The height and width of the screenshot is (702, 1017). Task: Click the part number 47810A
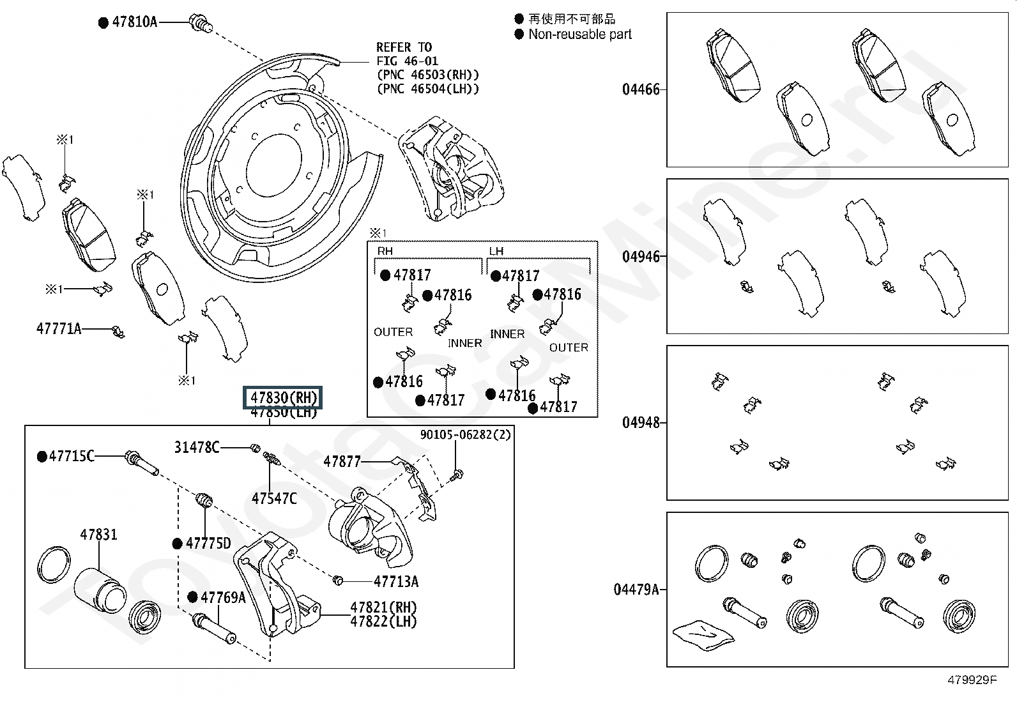pos(134,22)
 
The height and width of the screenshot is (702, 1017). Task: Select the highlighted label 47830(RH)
pos(283,398)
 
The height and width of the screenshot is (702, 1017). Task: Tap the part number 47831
pos(98,535)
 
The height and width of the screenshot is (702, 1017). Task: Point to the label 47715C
pos(72,456)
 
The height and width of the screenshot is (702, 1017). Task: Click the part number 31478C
pos(197,447)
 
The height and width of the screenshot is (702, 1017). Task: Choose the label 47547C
pos(274,499)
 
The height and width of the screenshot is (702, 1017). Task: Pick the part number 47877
pos(342,462)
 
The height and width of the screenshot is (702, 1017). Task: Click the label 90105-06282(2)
pos(465,434)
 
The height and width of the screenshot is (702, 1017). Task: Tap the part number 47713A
pos(396,581)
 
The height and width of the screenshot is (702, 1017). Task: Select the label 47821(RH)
pos(383,607)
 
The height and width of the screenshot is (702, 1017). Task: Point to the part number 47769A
pos(223,597)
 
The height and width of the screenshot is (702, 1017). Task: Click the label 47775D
pos(208,543)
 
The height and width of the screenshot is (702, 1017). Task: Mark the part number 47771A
pos(59,328)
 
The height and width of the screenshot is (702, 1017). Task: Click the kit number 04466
pos(641,89)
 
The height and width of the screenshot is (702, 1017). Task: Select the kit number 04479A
pos(636,590)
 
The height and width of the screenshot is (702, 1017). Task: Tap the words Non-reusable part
pos(580,34)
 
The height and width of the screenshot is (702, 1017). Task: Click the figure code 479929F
pos(972,680)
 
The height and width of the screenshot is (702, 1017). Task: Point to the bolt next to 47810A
pos(200,23)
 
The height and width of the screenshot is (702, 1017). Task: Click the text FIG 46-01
pos(408,61)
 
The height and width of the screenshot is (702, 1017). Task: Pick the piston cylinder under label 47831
pos(100,590)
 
